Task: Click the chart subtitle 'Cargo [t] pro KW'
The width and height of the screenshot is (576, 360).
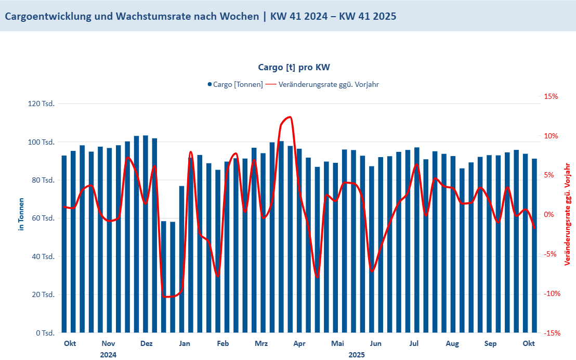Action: tap(294, 67)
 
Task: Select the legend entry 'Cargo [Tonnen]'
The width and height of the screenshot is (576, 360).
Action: tap(238, 84)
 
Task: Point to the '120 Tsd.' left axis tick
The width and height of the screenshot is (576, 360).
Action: tap(41, 104)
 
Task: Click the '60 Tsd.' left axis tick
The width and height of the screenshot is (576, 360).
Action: tap(43, 218)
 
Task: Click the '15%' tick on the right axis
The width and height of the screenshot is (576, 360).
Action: tap(551, 97)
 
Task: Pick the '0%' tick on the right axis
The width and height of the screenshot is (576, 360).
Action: tap(552, 215)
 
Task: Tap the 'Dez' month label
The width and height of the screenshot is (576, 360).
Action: tap(147, 343)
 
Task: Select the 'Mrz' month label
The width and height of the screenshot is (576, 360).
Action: tap(261, 343)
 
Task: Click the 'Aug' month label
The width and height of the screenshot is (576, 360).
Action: tap(452, 343)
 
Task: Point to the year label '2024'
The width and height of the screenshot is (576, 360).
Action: tap(108, 355)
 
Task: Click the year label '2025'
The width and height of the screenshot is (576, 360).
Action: tap(357, 355)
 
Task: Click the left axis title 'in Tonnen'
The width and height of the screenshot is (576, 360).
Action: tap(21, 214)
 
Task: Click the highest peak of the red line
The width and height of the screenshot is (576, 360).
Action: tap(289, 117)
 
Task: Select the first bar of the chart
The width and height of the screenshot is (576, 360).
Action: tap(64, 243)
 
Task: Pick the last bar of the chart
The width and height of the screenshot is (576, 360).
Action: tap(534, 246)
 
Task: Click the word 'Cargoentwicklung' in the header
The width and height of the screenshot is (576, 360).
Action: tap(48, 16)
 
